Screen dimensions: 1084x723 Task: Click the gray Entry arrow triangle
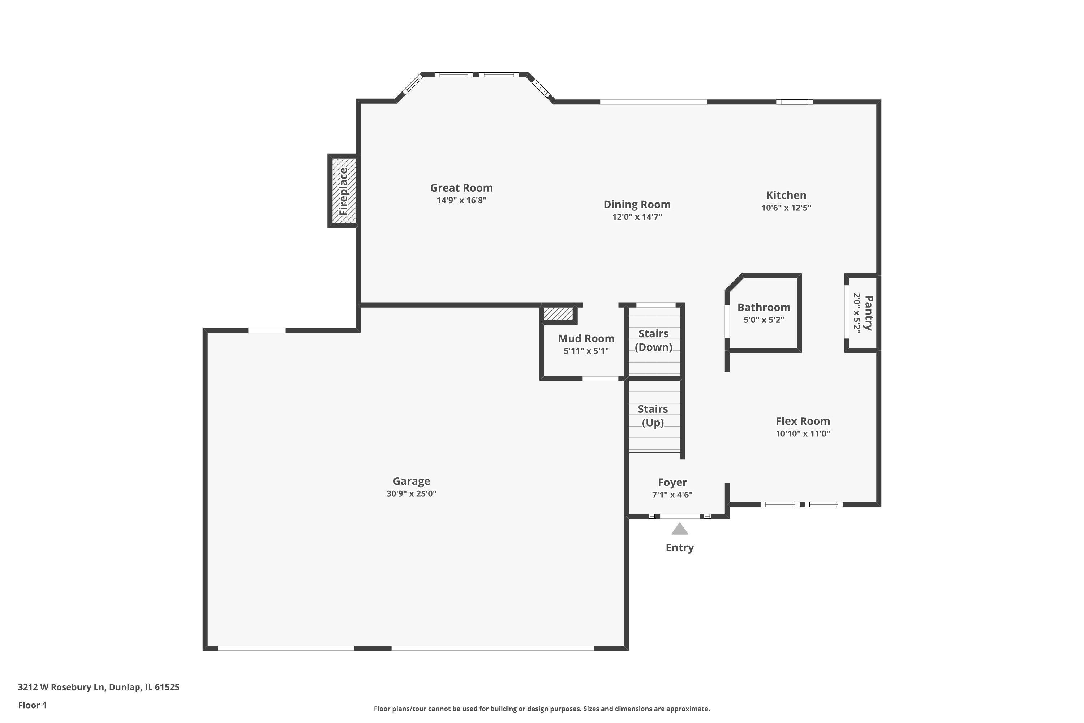click(679, 529)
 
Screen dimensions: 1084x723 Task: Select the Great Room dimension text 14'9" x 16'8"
click(461, 200)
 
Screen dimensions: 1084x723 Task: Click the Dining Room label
click(637, 204)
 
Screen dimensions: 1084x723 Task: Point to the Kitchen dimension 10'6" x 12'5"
click(786, 208)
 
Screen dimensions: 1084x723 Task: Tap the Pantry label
click(868, 313)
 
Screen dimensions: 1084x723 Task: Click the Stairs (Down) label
click(654, 340)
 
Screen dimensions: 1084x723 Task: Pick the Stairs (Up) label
click(653, 416)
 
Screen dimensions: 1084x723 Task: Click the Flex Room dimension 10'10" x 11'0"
click(803, 433)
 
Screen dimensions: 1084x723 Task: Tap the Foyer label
click(672, 483)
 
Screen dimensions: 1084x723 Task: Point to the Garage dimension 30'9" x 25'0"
click(411, 493)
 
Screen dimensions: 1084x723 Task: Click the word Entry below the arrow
click(679, 548)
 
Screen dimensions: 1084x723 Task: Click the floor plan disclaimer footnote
click(542, 709)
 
